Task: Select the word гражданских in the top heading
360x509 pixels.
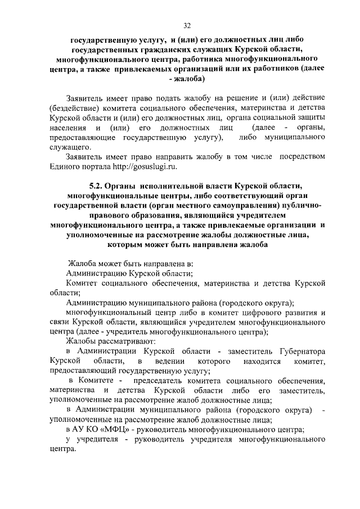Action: coord(169,49)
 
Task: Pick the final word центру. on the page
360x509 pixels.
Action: coord(62,450)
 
